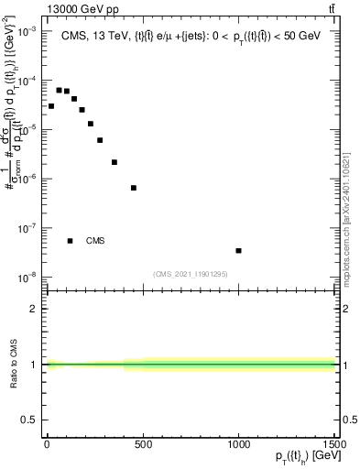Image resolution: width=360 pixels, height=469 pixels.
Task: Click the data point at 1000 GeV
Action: pyautogui.click(x=238, y=250)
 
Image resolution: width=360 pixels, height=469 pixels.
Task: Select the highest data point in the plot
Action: pyautogui.click(x=59, y=90)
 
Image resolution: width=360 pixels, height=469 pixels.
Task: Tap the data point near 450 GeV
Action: pyautogui.click(x=134, y=188)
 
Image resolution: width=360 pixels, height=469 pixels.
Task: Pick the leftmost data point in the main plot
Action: pyautogui.click(x=51, y=106)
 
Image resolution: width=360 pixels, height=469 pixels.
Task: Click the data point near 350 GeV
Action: pyautogui.click(x=115, y=162)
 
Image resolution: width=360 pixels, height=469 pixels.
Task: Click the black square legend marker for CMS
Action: pyautogui.click(x=71, y=241)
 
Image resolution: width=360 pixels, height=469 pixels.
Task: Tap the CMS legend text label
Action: pyautogui.click(x=95, y=241)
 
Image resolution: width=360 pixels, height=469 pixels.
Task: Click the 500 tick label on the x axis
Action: pyautogui.click(x=142, y=446)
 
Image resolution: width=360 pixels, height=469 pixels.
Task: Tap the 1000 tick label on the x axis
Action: pyautogui.click(x=238, y=446)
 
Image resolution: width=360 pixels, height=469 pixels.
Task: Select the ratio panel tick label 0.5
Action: pyautogui.click(x=30, y=420)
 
